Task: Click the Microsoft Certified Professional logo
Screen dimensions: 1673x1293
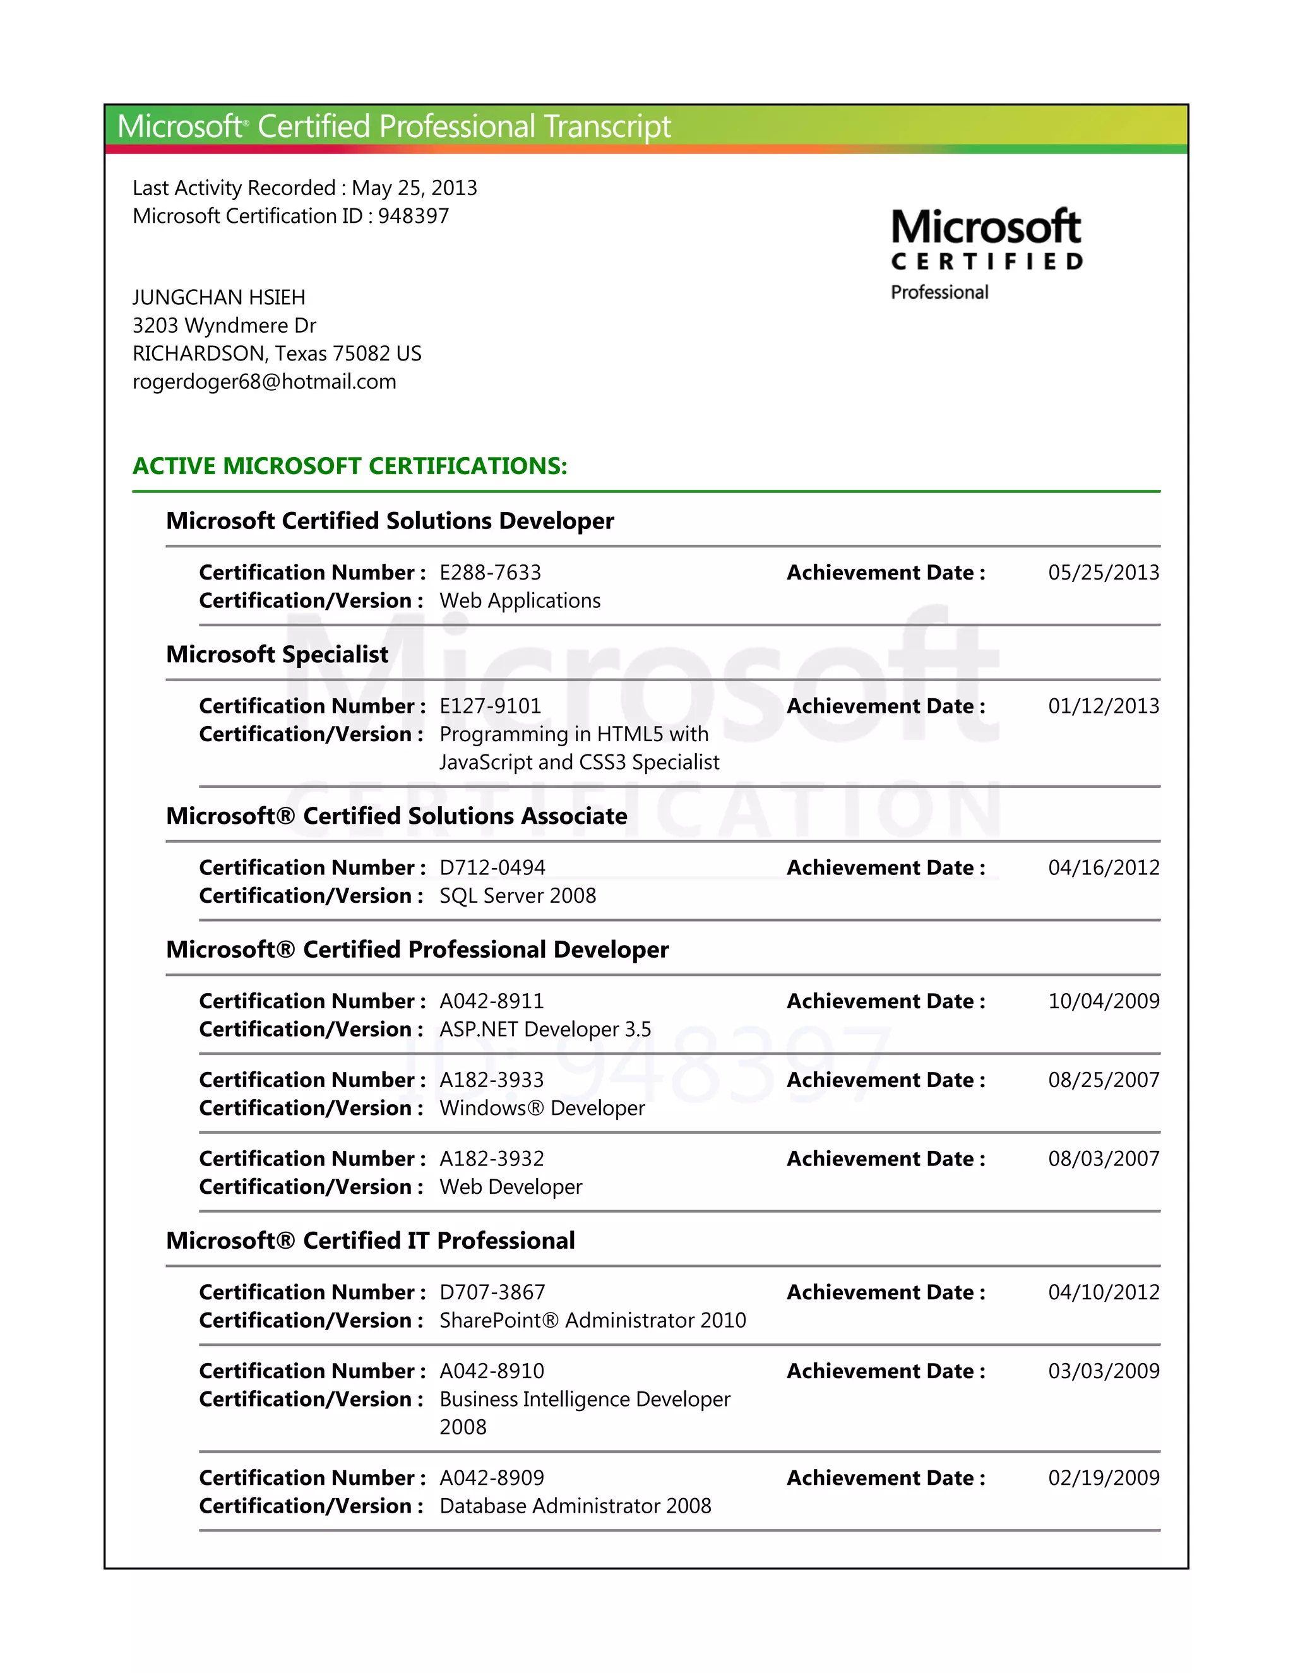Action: point(986,254)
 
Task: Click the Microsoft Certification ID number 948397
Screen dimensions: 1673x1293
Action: point(414,216)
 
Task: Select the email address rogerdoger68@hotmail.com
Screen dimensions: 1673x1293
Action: point(265,381)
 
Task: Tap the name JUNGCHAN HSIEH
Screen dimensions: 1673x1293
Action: point(219,297)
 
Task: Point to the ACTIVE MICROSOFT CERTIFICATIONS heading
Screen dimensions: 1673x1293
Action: point(350,466)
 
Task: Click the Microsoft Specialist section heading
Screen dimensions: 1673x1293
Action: point(277,654)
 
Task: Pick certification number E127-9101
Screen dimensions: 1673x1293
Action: point(490,706)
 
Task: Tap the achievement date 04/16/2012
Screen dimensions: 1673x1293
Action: point(1103,867)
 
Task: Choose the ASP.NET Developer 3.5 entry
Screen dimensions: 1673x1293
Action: point(545,1029)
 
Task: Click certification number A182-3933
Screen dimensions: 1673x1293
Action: point(492,1080)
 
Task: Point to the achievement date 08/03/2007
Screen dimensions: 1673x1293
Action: point(1103,1158)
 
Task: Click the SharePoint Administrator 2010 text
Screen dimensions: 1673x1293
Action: point(593,1320)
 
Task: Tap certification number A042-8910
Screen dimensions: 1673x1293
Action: point(492,1371)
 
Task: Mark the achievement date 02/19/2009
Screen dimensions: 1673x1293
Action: point(1103,1478)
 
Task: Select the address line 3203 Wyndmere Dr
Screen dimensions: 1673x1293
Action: point(224,326)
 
